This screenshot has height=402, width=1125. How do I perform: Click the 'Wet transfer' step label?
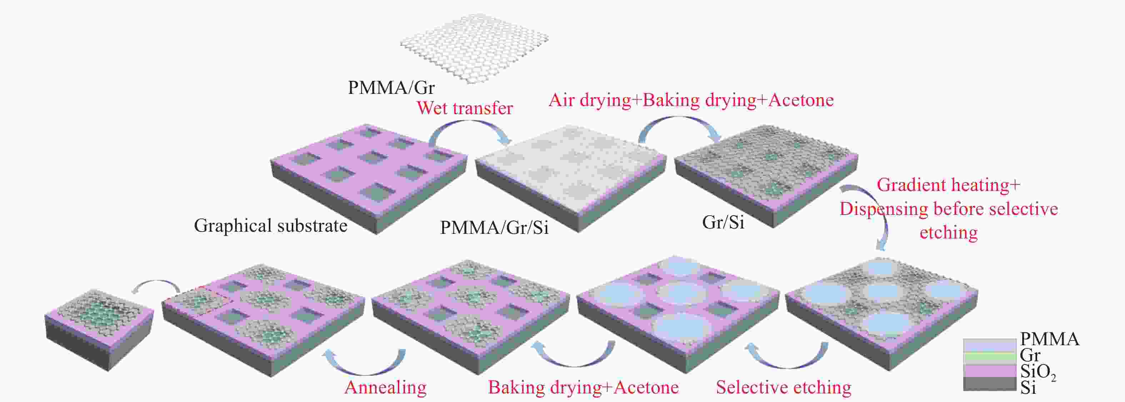tap(465, 108)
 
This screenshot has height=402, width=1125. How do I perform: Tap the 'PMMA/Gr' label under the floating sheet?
tap(391, 88)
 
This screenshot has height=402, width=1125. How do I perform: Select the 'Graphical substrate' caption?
tap(271, 226)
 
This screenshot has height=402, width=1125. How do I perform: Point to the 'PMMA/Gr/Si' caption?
tap(494, 227)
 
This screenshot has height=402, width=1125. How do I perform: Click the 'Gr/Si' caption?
tap(723, 222)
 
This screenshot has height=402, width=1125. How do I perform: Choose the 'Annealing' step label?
tap(385, 387)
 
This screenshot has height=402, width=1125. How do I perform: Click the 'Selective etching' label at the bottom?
tap(784, 387)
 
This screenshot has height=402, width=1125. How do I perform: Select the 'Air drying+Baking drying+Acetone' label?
tap(691, 100)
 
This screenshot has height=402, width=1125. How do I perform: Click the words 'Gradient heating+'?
tap(948, 185)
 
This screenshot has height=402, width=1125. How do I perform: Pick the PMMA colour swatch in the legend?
tap(990, 345)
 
